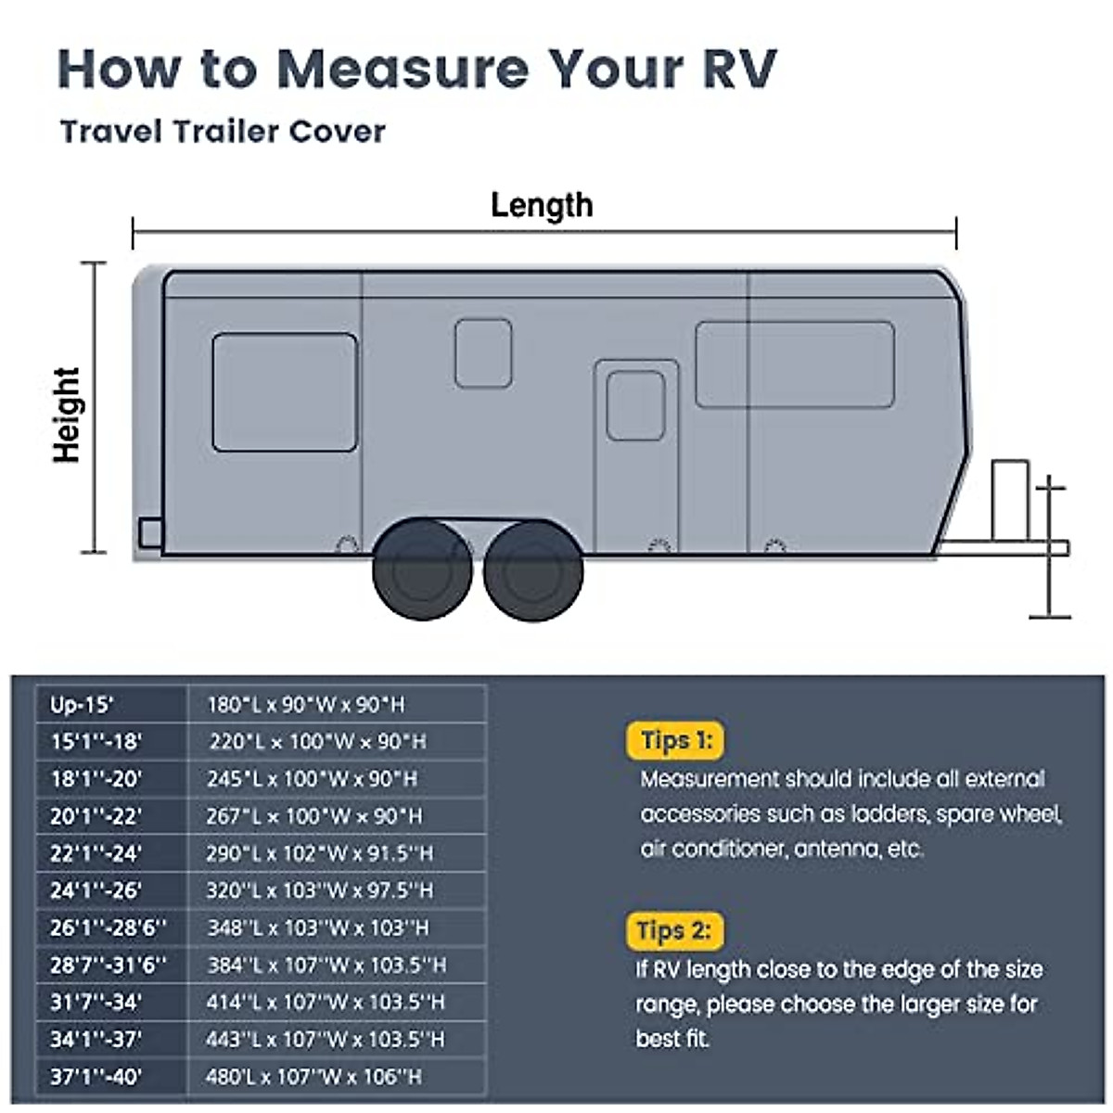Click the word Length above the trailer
coord(542,205)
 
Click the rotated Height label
coord(67,415)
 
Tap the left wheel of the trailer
coord(422,571)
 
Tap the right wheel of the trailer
coord(532,571)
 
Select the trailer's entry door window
coord(635,405)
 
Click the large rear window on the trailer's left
coord(285,392)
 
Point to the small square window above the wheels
coord(483,353)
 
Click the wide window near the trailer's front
coord(795,365)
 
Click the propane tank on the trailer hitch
coord(1010,499)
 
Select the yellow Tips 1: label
coord(676,740)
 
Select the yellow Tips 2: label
coord(674,930)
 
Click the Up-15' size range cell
coord(111,705)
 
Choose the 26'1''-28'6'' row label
coord(111,927)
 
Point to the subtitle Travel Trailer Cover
coord(223,132)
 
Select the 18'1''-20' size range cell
coord(111,779)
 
